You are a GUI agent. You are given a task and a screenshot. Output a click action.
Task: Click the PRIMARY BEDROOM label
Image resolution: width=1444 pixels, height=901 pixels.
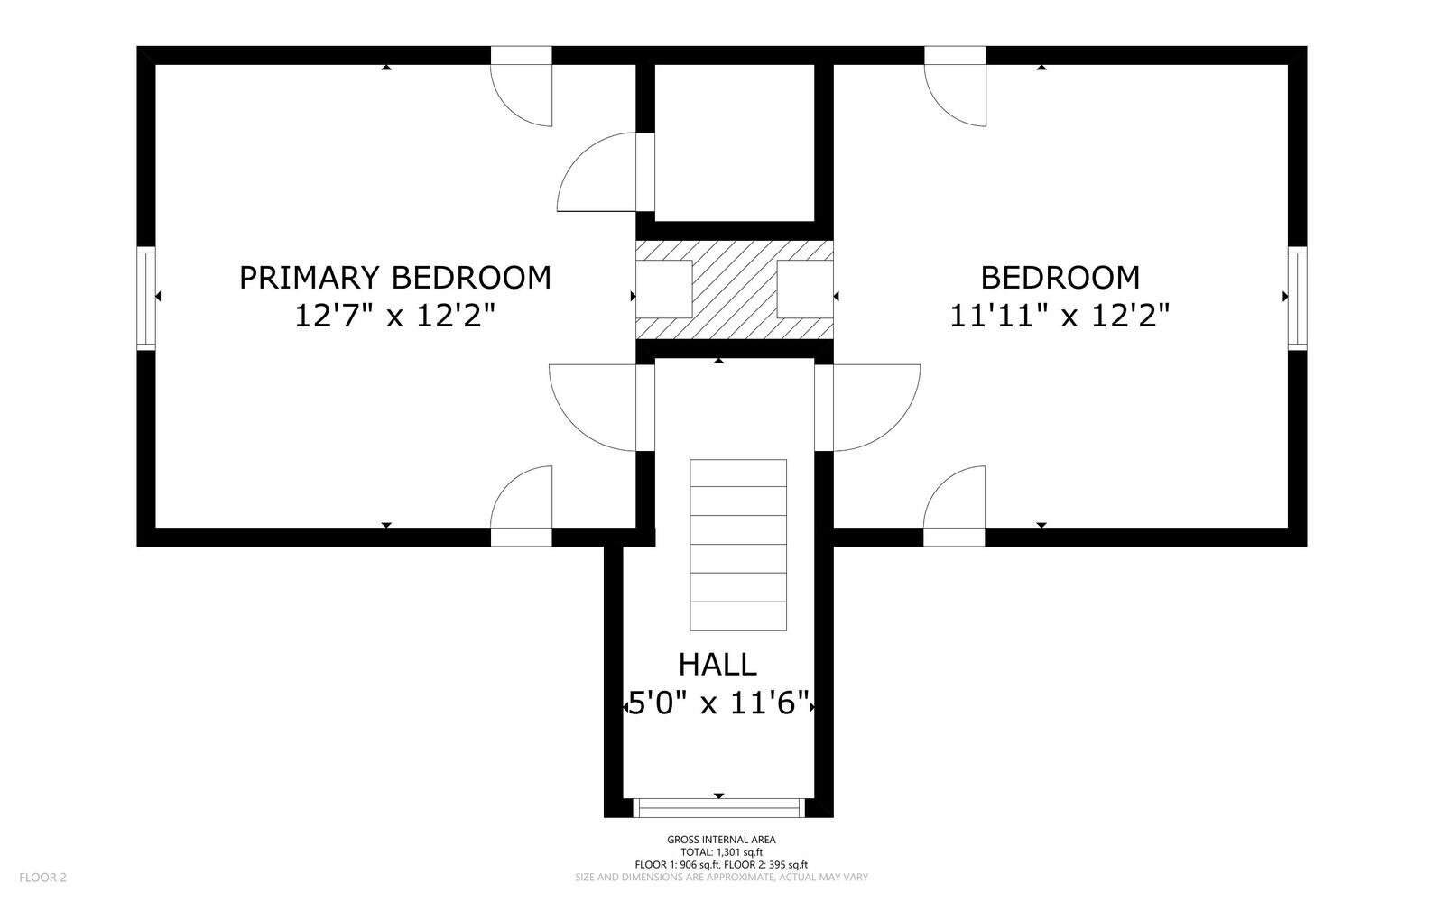[x=395, y=278]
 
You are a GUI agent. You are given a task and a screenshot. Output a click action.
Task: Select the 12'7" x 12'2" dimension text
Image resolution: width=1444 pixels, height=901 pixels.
[x=395, y=316]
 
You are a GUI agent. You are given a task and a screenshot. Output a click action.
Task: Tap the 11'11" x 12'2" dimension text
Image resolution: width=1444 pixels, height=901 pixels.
[x=1060, y=316]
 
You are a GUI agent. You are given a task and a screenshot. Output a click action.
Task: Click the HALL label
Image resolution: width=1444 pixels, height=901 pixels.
[x=717, y=665]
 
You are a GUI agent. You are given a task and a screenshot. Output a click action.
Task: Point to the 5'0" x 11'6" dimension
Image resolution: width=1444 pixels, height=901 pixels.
[x=718, y=703]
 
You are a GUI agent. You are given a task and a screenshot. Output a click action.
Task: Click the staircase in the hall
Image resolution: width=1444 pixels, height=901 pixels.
[x=738, y=545]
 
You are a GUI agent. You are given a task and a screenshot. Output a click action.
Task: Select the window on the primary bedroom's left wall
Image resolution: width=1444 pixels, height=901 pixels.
[x=146, y=299]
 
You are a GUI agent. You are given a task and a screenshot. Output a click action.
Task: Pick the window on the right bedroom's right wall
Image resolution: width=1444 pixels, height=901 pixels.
[x=1297, y=299]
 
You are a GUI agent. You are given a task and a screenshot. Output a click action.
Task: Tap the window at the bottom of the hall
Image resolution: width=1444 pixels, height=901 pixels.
[x=718, y=807]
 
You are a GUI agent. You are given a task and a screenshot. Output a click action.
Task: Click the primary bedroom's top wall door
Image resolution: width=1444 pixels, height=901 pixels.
[x=521, y=87]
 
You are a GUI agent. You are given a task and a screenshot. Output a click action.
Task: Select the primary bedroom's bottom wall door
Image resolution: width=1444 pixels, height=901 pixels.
[x=521, y=506]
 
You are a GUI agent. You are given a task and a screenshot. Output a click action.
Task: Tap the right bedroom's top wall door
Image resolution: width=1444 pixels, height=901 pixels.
[x=955, y=87]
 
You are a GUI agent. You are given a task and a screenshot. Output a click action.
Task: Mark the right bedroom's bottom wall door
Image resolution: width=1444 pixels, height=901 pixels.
[x=954, y=506]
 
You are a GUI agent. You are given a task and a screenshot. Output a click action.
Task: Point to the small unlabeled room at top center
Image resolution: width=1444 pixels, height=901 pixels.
[x=735, y=143]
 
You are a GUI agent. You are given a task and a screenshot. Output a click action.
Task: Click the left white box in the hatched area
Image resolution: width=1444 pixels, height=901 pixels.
[x=664, y=290]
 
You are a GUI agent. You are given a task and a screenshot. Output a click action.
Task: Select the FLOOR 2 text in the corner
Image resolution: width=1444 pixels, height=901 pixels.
[x=42, y=878]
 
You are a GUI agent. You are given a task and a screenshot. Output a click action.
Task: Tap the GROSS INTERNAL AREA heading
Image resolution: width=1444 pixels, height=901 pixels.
[x=721, y=840]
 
